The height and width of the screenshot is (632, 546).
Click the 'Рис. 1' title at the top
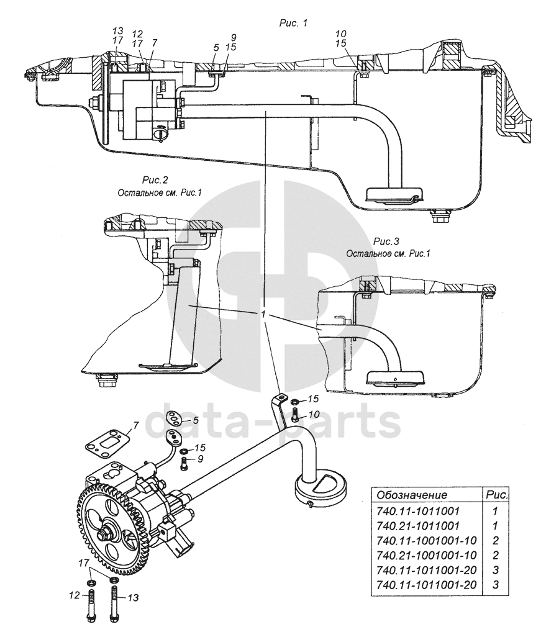[294, 22]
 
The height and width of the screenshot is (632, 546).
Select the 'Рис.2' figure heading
[155, 181]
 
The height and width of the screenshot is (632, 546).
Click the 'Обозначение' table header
[409, 495]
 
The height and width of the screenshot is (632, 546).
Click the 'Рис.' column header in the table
[496, 495]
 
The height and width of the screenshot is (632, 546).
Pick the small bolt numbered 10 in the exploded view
[294, 414]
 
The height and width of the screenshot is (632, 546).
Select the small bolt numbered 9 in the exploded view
[184, 461]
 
